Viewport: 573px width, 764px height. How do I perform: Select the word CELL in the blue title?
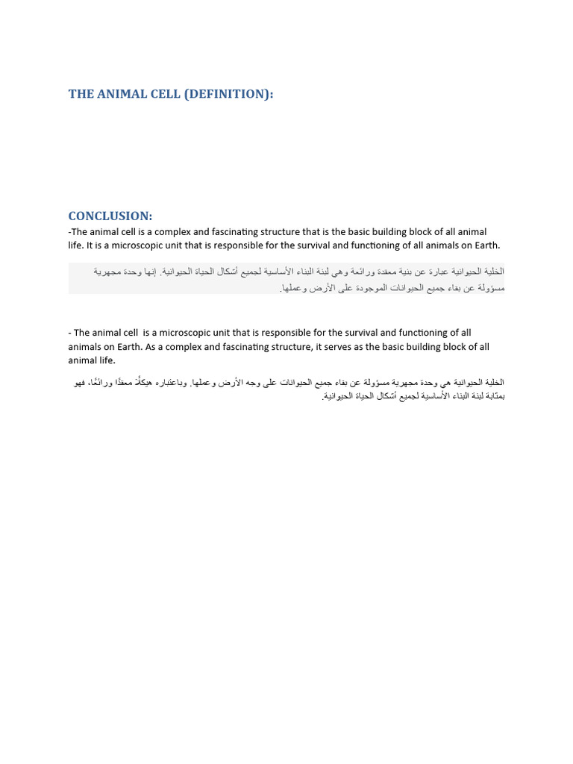pyautogui.click(x=165, y=94)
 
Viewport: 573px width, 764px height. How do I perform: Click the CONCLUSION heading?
pyautogui.click(x=110, y=216)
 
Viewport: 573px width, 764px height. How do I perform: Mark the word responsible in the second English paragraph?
pyautogui.click(x=290, y=333)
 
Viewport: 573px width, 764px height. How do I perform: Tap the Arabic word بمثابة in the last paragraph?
pyautogui.click(x=493, y=396)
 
